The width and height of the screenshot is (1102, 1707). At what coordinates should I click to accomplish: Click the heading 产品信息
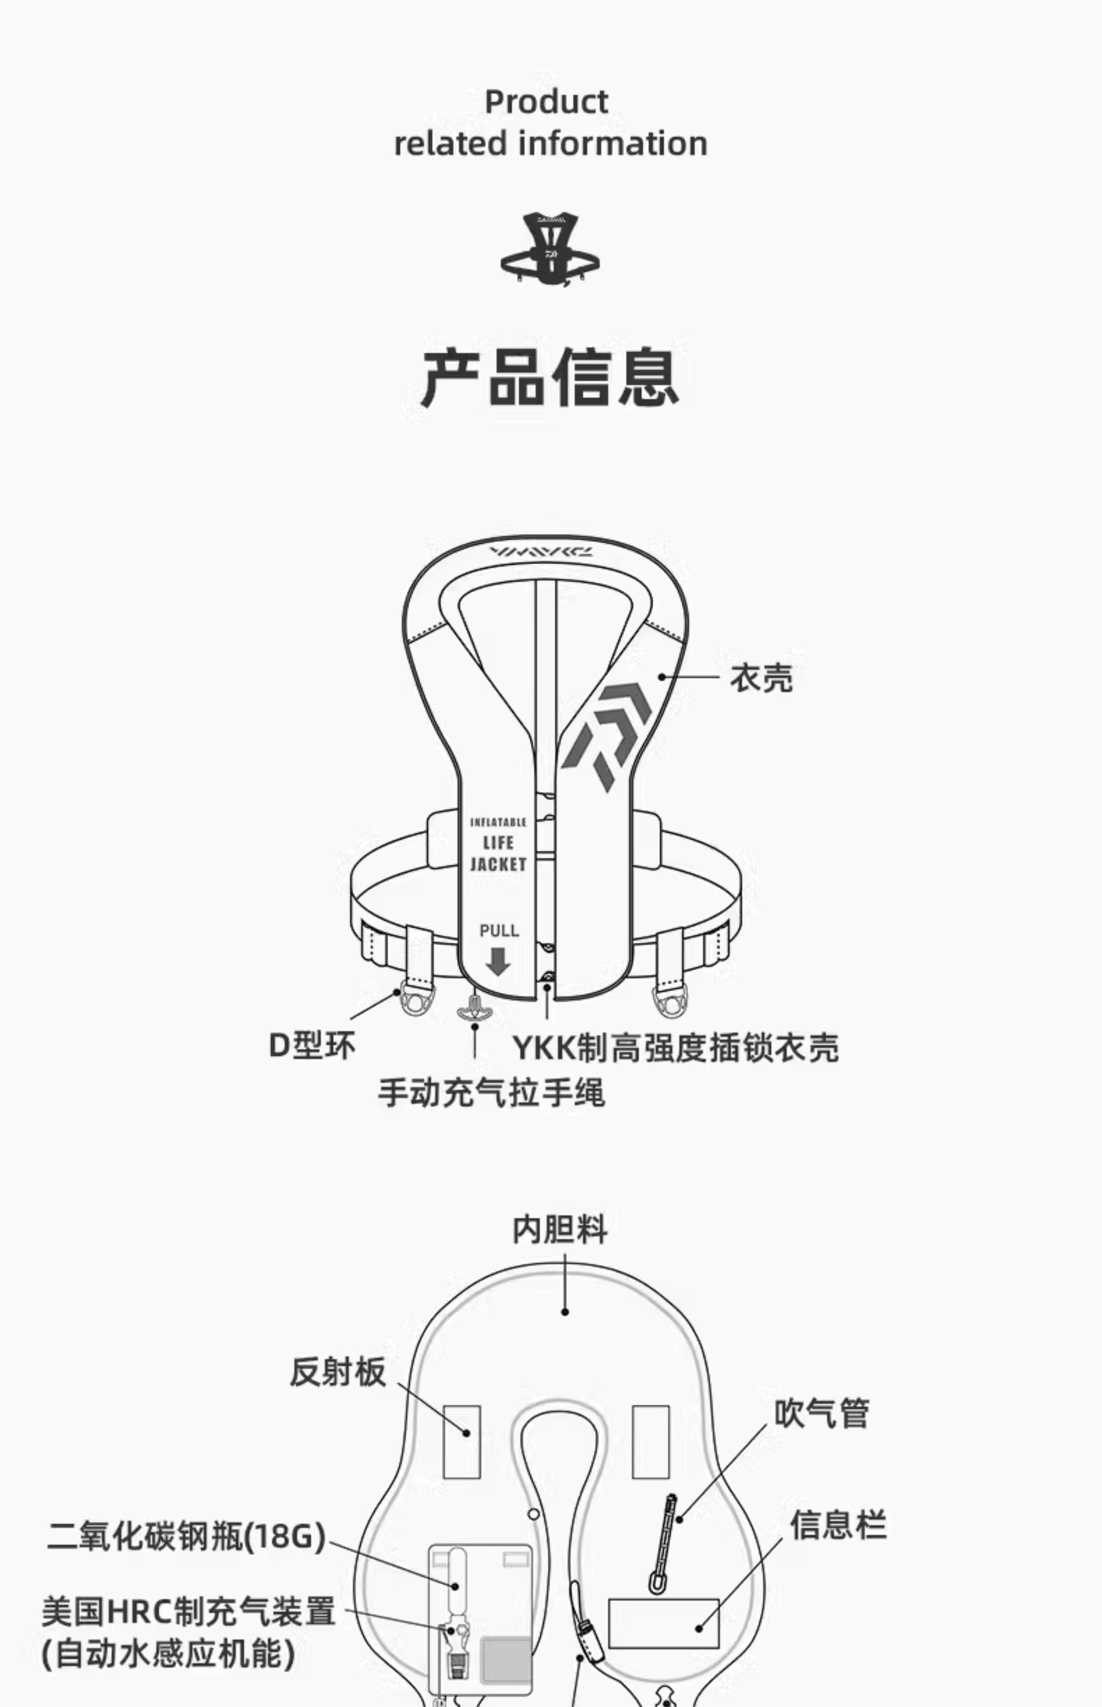click(550, 377)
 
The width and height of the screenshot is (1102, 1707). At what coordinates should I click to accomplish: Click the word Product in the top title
click(547, 102)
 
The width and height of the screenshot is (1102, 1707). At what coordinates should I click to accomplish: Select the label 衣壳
click(761, 678)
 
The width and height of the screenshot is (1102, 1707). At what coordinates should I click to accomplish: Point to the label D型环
click(311, 1046)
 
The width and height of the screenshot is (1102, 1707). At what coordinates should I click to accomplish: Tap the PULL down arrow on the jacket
click(498, 961)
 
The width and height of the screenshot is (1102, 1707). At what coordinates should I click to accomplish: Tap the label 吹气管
click(822, 1414)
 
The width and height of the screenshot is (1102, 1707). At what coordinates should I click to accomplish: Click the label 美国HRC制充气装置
click(188, 1612)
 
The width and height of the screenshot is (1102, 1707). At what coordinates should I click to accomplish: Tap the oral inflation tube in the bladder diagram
click(663, 1543)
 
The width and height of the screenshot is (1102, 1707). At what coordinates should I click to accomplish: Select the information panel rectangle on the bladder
click(663, 1623)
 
